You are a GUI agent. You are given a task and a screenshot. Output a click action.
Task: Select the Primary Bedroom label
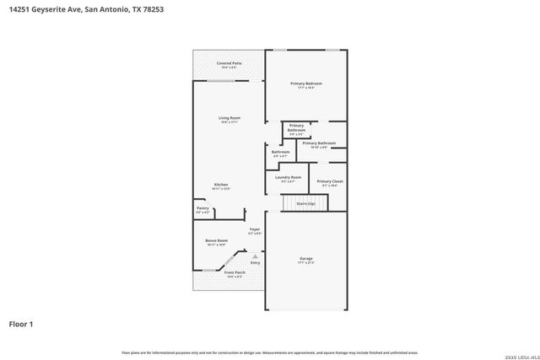tap(306, 83)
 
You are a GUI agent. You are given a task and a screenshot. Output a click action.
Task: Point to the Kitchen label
tap(220, 185)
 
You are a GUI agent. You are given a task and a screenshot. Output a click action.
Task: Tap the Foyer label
tap(254, 229)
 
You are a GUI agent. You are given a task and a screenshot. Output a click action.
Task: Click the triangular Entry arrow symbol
tap(255, 256)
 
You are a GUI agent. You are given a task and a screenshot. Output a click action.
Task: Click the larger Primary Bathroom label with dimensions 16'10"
tap(319, 143)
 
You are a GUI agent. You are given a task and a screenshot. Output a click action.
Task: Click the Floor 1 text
tap(21, 323)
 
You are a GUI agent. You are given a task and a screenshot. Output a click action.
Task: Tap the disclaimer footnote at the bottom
tap(270, 352)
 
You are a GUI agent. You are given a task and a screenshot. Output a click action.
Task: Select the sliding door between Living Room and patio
tap(222, 81)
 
